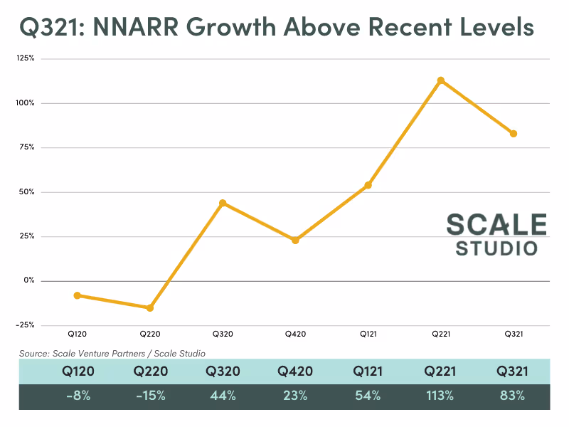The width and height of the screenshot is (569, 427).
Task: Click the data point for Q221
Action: tap(441, 80)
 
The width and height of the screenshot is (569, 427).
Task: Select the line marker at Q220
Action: tap(150, 308)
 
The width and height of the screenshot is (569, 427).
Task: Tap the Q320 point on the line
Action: tap(223, 203)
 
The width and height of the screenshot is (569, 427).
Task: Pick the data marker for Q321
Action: tap(514, 134)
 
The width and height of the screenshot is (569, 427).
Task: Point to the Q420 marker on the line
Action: tap(295, 241)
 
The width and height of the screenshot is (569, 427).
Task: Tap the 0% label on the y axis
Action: tap(28, 280)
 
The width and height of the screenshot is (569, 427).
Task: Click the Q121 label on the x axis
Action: tap(368, 333)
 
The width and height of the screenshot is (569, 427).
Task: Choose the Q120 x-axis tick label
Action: tap(78, 333)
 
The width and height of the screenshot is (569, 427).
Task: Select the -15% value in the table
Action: tap(149, 396)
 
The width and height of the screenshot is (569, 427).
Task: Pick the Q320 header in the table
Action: tap(223, 371)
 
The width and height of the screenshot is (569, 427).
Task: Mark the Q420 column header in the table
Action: tap(295, 371)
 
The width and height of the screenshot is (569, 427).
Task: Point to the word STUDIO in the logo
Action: tap(496, 249)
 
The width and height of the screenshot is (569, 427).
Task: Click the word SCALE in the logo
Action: tap(496, 224)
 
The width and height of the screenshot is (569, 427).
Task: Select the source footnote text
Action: tap(112, 352)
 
